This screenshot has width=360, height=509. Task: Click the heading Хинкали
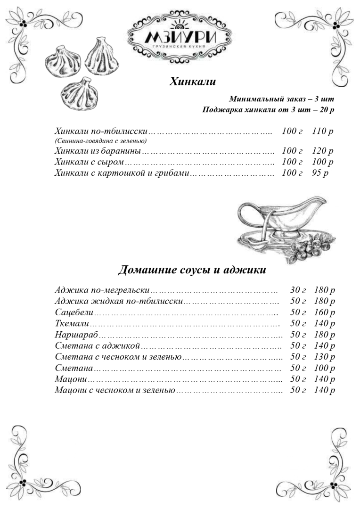pyautogui.click(x=192, y=82)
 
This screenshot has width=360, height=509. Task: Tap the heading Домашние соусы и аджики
pyautogui.click(x=192, y=270)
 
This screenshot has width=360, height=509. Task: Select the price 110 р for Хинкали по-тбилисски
pyautogui.click(x=322, y=131)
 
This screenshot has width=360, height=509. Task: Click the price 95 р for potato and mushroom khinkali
pyautogui.click(x=319, y=173)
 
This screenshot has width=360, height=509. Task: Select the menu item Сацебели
pyautogui.click(x=74, y=312)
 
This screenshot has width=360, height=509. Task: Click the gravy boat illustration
pyautogui.click(x=278, y=222)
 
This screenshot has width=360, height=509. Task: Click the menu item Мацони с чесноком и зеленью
pyautogui.click(x=115, y=390)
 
